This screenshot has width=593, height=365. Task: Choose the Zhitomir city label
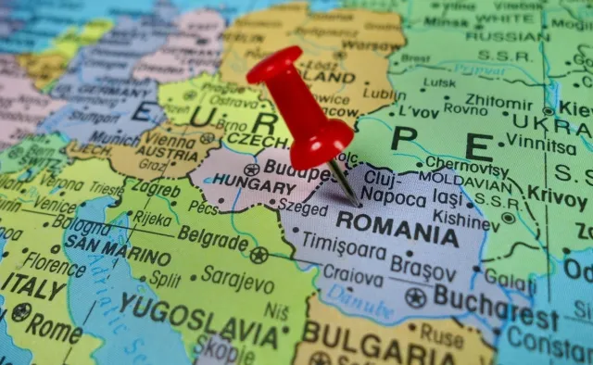(500, 101)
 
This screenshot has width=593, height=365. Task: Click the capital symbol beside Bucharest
(415, 298)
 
